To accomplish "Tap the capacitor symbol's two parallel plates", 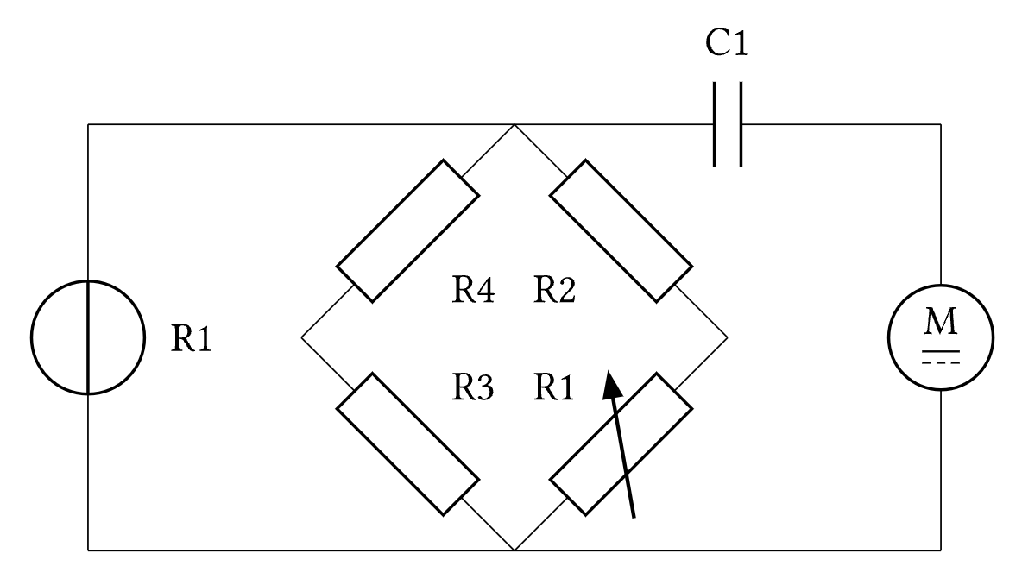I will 728,123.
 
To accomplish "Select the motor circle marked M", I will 940,336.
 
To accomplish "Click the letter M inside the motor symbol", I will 940,324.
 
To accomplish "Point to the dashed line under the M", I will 940,362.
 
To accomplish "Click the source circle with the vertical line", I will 86,337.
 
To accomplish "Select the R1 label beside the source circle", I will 191,340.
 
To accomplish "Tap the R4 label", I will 473,292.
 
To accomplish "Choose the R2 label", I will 553,292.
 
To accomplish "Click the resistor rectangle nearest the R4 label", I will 407,230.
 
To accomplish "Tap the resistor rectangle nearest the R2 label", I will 621,230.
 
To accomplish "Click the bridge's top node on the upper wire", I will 514,124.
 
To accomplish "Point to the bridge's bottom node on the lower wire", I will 514,549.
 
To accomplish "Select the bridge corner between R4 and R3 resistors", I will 302,337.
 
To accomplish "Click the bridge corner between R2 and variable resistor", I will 727,337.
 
